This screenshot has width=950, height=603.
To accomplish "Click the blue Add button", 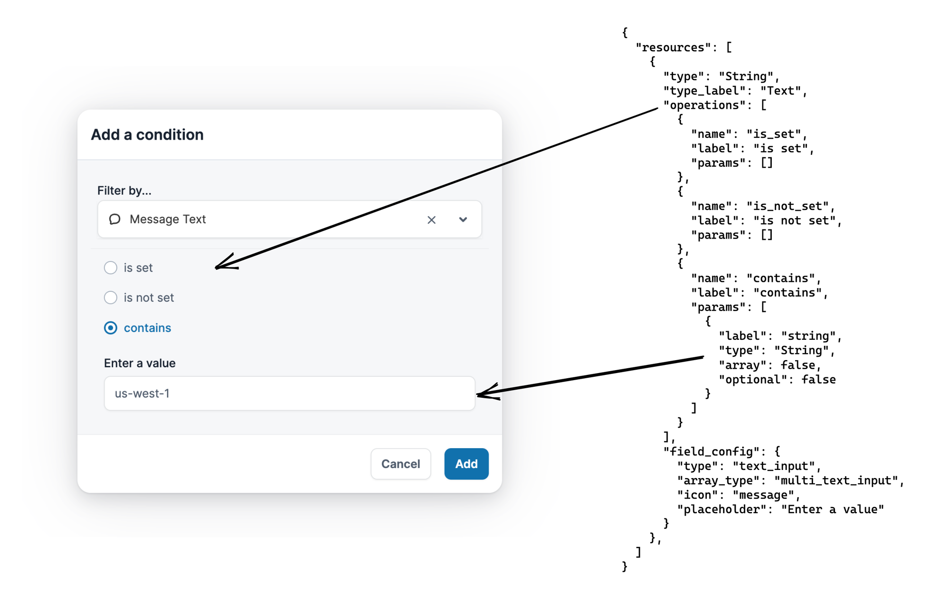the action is [x=466, y=464].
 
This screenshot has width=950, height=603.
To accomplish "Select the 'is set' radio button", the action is [x=111, y=268].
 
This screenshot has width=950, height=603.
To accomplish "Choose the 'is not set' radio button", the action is [x=111, y=298].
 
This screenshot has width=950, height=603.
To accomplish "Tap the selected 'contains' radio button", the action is [x=111, y=328].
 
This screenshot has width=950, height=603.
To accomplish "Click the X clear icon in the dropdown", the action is [x=431, y=220].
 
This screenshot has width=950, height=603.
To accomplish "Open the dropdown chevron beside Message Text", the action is [x=463, y=220].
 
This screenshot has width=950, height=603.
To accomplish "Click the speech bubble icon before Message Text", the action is [x=114, y=219].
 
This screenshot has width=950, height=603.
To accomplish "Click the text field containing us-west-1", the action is [x=289, y=393].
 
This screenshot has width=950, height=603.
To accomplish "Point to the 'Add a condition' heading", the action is [x=147, y=135].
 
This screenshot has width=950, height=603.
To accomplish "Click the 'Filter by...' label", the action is [x=124, y=191].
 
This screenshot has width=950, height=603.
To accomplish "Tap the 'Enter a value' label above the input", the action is [x=140, y=364].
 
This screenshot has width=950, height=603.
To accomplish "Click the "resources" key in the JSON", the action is [x=673, y=48].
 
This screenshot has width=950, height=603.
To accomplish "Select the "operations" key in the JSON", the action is [x=704, y=105].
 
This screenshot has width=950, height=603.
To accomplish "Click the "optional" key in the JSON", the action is [x=752, y=380].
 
